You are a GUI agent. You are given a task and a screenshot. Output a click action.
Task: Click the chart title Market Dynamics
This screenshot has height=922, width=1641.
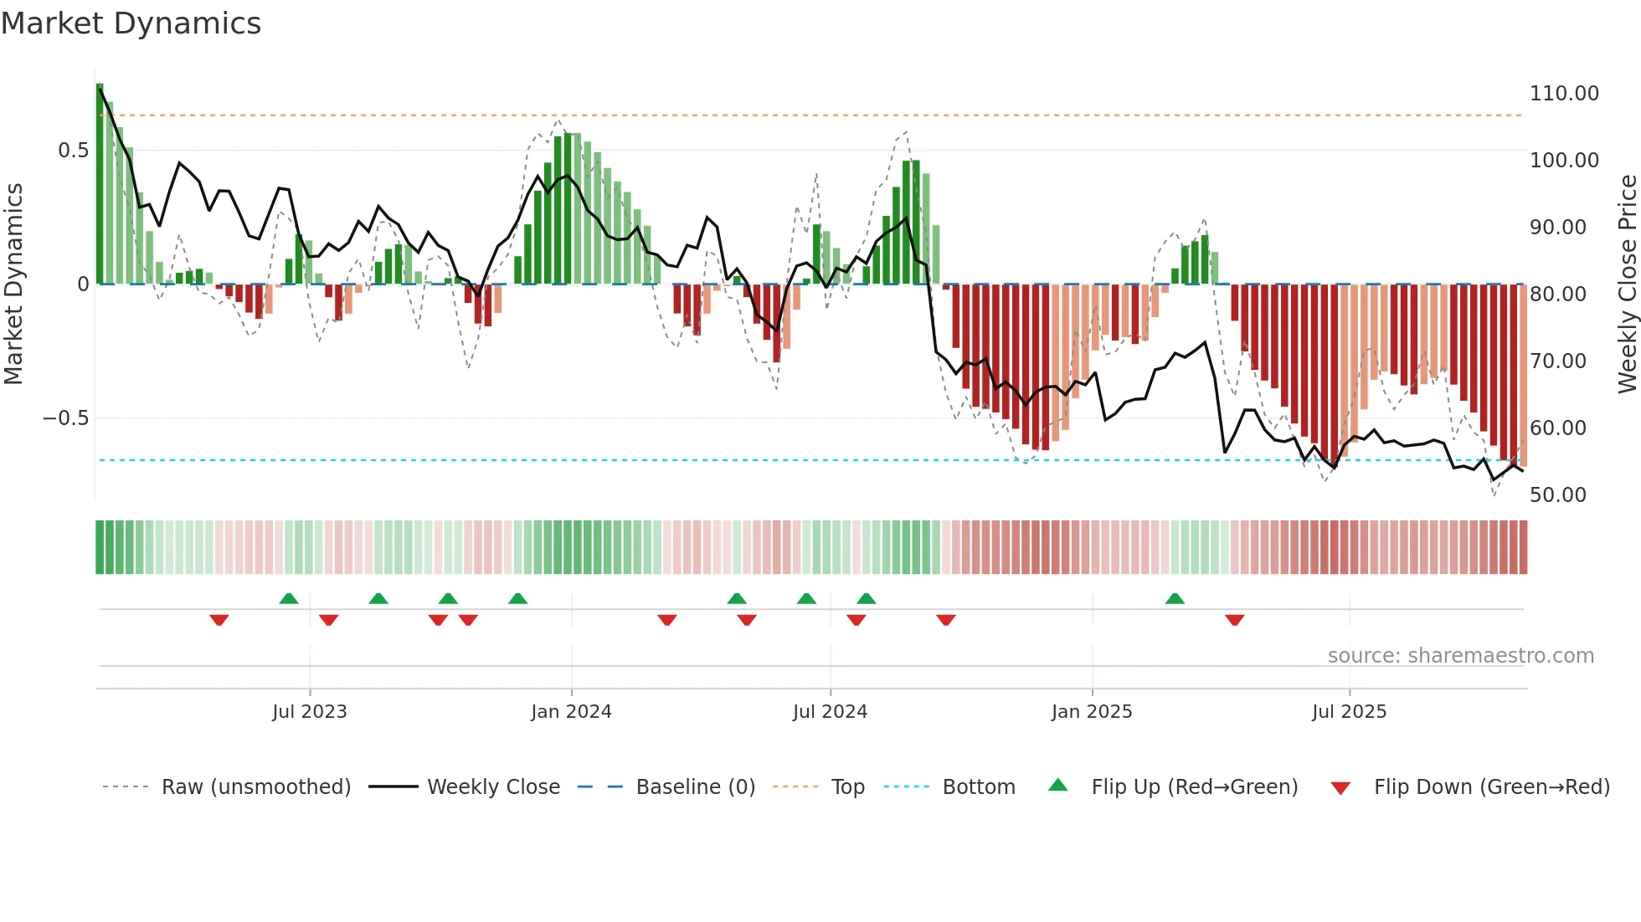coord(131,23)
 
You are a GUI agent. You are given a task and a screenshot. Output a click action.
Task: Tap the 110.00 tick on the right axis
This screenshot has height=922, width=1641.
coord(1563,94)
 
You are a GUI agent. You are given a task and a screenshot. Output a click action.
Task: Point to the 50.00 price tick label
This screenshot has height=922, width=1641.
coord(1557,495)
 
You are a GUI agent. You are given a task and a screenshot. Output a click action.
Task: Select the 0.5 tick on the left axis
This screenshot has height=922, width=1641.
coord(73,151)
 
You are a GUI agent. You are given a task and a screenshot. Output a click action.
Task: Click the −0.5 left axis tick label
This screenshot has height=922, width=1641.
coord(66,418)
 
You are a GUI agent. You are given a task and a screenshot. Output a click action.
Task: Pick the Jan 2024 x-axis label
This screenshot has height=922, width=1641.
coord(571,712)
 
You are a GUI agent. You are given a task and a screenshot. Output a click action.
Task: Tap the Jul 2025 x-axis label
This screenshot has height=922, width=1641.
coord(1349,712)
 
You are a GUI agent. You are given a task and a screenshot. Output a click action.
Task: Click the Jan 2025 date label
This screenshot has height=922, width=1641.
coord(1092,712)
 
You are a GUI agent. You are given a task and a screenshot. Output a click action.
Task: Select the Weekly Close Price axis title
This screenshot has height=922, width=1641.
coord(1627,284)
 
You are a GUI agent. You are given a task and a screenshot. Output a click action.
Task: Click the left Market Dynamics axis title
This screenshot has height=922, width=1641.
coord(13,284)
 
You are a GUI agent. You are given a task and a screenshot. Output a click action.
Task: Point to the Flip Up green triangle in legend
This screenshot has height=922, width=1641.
coord(1058,786)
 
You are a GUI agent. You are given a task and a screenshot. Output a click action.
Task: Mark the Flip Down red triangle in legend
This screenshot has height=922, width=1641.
coord(1340,788)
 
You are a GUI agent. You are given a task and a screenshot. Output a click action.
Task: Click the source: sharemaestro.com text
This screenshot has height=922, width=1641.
coord(1460,656)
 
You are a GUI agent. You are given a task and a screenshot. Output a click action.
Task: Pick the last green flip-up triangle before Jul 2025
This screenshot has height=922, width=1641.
coord(1175,599)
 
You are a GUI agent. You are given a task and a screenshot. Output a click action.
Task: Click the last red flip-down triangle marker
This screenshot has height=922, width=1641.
coord(1234,620)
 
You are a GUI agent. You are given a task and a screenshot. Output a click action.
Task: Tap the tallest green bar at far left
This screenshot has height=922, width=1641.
coord(100,184)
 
